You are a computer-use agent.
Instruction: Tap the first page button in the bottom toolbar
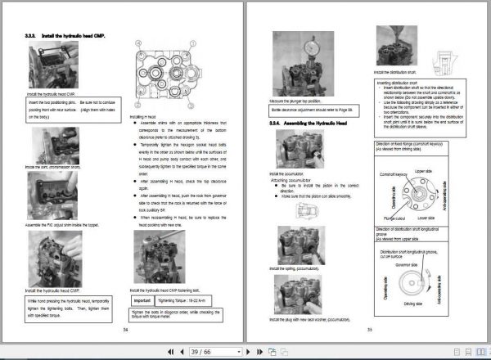[169, 351]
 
